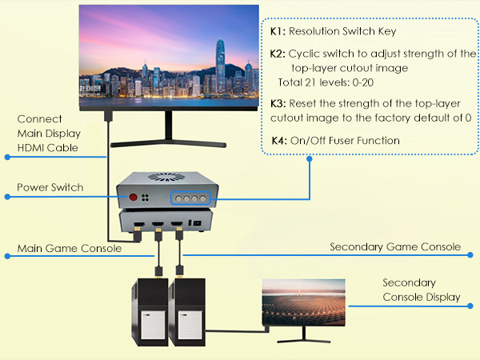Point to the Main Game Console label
(70, 249)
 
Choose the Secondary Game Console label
(395, 246)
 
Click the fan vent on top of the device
(168, 178)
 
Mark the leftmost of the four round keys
(178, 197)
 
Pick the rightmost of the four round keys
(208, 197)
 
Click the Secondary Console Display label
(421, 290)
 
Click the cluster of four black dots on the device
(148, 196)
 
